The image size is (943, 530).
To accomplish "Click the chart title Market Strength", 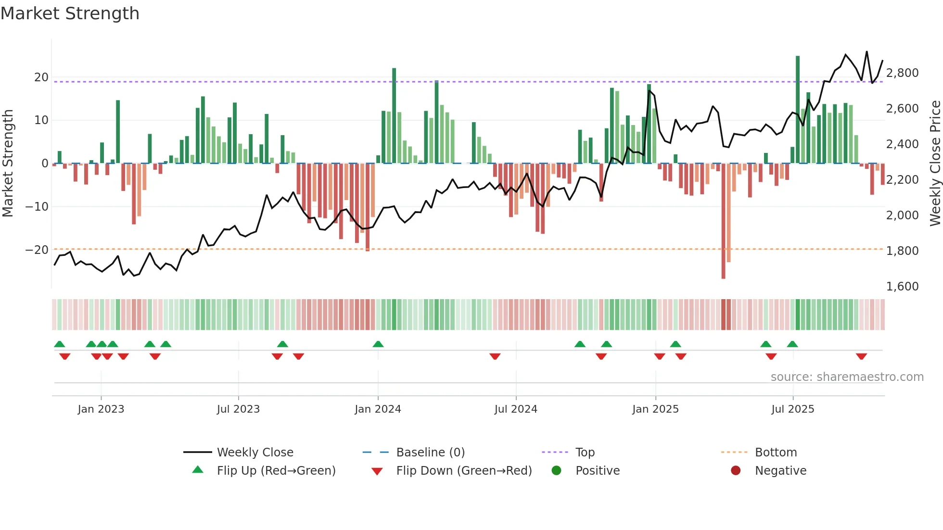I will [70, 13].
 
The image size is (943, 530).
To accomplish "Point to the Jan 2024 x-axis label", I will [378, 409].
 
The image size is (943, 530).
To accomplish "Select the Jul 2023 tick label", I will [238, 409].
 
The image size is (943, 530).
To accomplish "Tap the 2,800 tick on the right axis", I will [902, 73].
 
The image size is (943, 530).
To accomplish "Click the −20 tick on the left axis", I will [37, 250].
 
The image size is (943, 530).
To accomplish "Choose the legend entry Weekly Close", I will [255, 453].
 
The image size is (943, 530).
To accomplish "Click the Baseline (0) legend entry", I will [430, 453].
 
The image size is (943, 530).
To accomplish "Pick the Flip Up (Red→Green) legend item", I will [276, 471].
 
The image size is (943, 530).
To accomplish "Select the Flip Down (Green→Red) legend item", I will [464, 471].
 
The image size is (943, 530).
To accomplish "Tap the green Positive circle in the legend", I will [557, 471].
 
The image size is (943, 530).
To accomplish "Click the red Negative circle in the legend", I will [736, 471].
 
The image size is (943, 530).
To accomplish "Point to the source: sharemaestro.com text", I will [847, 377].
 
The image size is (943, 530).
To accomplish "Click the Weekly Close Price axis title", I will [935, 164].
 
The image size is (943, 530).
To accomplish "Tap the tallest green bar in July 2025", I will [798, 110].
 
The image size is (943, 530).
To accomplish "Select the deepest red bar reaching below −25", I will [723, 221].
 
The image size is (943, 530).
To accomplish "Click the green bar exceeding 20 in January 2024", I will [394, 115].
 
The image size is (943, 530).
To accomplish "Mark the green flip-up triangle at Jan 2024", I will [378, 344].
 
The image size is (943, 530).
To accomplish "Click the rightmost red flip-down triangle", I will [861, 356].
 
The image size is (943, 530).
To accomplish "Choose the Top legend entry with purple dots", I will [585, 453].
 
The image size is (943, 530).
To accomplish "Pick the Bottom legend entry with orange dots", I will [776, 453].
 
